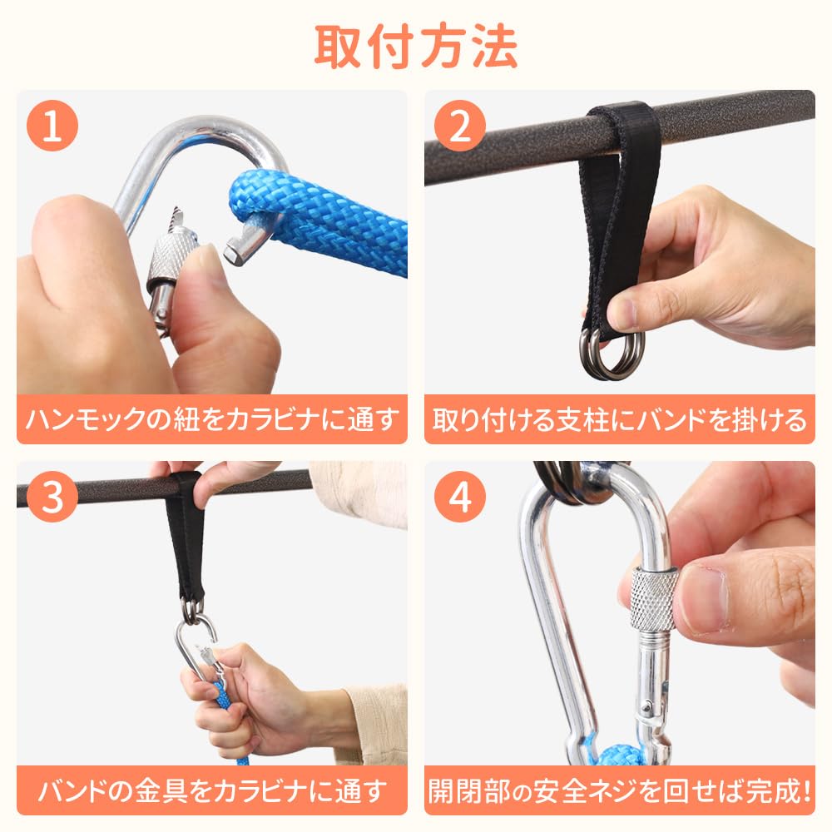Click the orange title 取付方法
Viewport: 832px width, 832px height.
pos(415,47)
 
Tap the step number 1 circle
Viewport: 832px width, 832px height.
pos(52,126)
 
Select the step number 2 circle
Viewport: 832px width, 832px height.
pos(459,126)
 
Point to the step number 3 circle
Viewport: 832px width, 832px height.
pos(52,497)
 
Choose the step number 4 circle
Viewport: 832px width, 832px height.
pos(459,497)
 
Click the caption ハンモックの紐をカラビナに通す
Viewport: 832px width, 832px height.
pos(211,419)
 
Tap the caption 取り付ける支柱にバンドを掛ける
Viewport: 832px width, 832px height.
pos(619,419)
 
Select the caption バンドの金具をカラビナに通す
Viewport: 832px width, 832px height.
pos(211,790)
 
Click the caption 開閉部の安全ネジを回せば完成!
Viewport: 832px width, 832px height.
pos(619,790)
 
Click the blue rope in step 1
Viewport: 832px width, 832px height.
pos(319,217)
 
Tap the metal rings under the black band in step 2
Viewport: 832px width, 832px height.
pos(613,353)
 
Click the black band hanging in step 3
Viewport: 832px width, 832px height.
pos(185,536)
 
